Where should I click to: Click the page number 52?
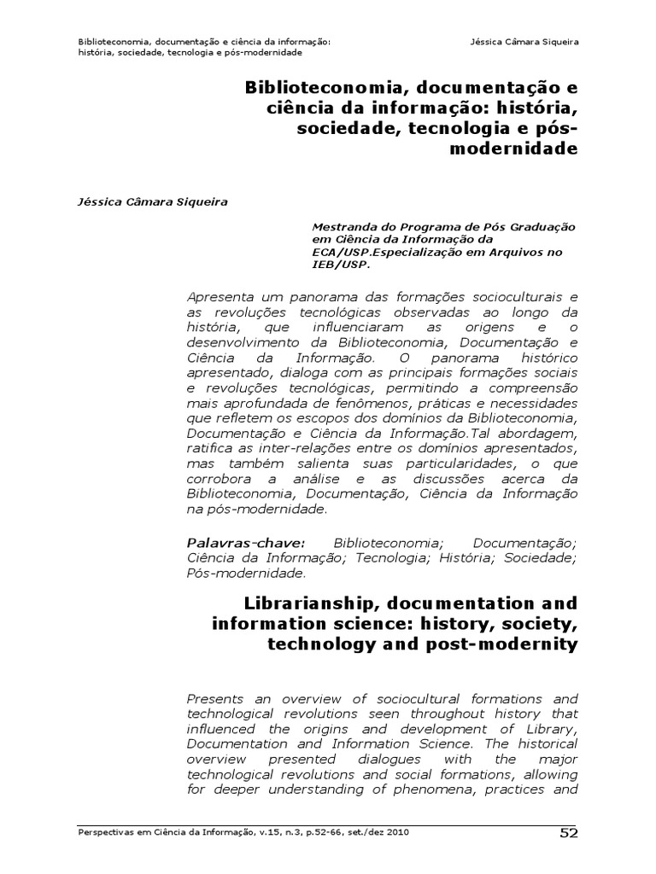click(x=569, y=833)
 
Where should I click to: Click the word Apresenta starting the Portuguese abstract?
click(x=218, y=297)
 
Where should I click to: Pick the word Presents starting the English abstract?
click(x=213, y=698)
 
